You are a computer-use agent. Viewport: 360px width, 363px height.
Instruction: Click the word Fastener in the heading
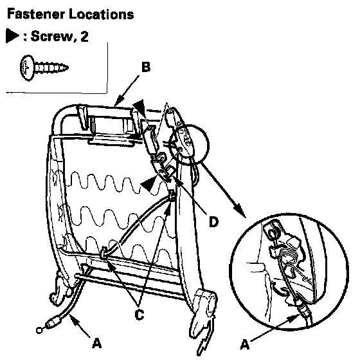point(36,14)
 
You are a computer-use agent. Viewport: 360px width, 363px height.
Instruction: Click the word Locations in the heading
point(102,14)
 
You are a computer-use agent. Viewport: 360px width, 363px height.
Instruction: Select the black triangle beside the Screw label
point(12,35)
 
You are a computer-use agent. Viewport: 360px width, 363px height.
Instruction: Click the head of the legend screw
point(26,68)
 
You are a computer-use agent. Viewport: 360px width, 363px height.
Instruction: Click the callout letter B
point(146,67)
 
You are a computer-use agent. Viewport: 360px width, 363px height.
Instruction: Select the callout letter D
point(213,222)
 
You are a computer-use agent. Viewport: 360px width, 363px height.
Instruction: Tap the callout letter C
point(139,315)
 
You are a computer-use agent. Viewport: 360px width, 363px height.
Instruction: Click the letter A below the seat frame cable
point(96,343)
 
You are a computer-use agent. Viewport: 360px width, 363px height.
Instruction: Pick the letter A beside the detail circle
point(245,344)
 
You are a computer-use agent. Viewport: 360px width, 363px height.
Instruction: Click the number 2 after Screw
point(84,36)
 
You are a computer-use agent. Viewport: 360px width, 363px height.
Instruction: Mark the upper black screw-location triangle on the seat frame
point(139,107)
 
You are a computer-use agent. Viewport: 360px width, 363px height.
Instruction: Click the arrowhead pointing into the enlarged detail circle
point(239,210)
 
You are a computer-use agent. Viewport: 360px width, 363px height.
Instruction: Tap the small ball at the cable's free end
point(39,330)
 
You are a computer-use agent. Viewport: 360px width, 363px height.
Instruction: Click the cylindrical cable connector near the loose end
point(53,322)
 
